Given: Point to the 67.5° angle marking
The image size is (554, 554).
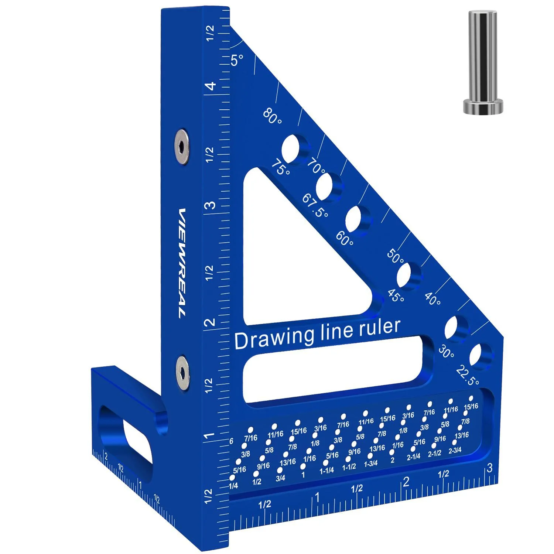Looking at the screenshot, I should pos(315,205).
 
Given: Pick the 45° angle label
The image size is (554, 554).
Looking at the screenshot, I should pos(396,295).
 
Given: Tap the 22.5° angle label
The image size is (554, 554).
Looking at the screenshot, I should pos(468,375).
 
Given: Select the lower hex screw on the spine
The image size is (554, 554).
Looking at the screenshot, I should pos(182,372).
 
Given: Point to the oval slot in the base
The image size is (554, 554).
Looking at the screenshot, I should pos(126,440).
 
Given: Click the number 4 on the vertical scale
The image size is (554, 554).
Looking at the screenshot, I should pos(211,86).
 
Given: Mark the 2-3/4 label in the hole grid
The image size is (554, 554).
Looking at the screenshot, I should pos(455,450).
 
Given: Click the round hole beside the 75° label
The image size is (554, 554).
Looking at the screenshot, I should pos(292,148).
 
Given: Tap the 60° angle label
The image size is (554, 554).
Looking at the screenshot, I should pos(344,239).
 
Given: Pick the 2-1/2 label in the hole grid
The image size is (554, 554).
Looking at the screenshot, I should pos(434,453).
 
